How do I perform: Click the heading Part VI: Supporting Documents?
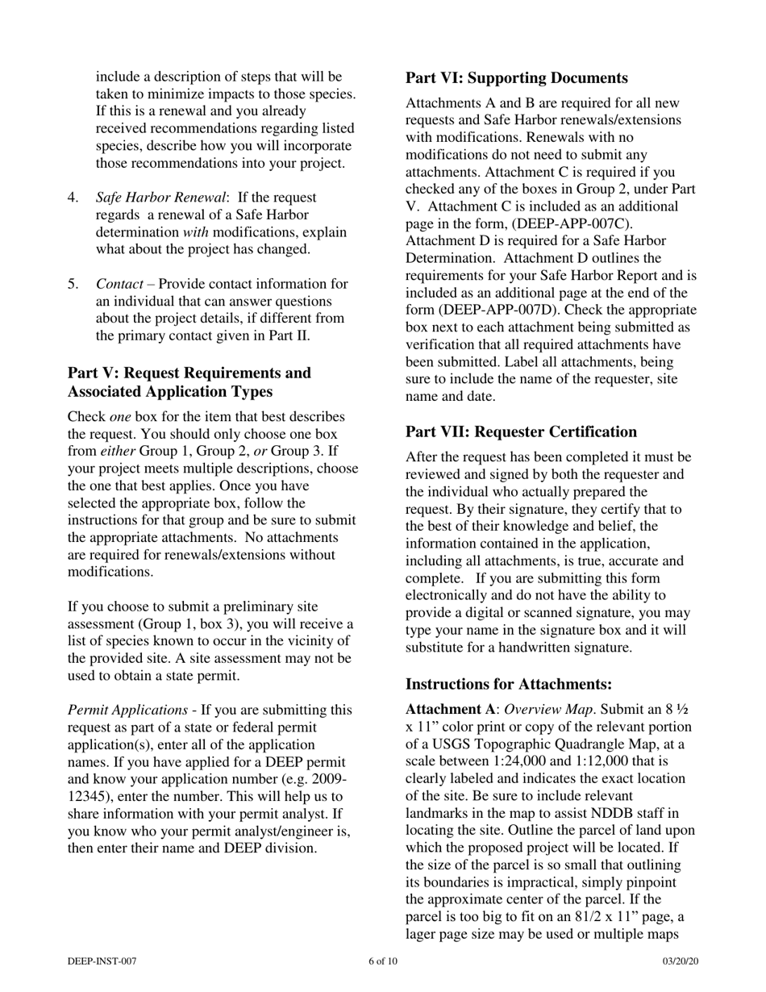click(x=516, y=78)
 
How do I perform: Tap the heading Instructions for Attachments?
click(x=508, y=684)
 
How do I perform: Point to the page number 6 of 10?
click(x=382, y=961)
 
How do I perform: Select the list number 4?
click(x=73, y=198)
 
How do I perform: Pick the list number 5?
click(x=73, y=284)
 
